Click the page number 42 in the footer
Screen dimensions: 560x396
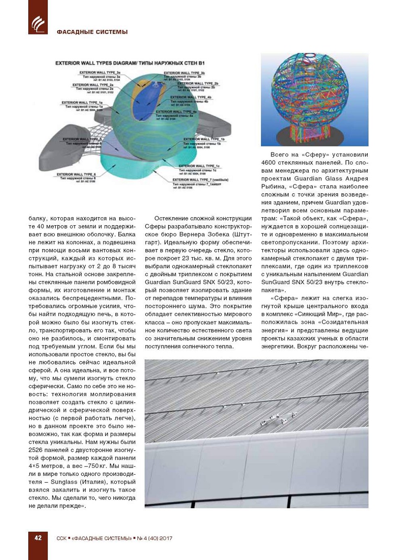pos(38,538)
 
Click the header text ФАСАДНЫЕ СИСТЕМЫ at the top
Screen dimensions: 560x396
pos(92,32)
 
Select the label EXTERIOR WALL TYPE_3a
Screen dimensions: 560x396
pos(100,73)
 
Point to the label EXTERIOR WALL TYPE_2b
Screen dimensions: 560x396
pos(198,84)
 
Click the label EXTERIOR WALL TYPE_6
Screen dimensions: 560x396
pos(76,174)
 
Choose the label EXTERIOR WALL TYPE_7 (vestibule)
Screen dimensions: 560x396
pos(200,180)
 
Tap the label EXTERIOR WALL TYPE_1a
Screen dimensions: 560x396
pos(82,103)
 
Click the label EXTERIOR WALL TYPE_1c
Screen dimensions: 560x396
pos(199,166)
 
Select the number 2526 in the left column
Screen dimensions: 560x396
pos(36,450)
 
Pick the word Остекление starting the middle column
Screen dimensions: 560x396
pos(170,218)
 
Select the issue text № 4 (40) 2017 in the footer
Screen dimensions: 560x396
pos(155,538)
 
